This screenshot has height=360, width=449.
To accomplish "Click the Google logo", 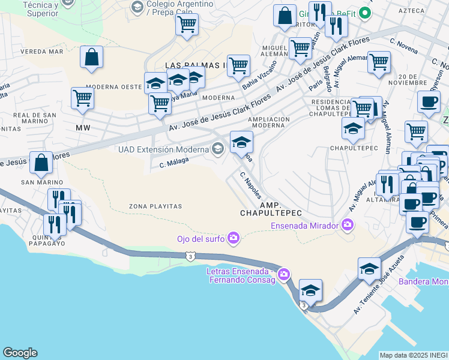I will [20, 353].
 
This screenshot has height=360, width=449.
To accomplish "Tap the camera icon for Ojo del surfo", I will [234, 239].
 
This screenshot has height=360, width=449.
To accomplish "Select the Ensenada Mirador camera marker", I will [348, 226].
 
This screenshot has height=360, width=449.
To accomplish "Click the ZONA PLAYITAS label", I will [155, 206].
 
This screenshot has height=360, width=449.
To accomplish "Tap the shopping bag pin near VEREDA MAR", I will [91, 58].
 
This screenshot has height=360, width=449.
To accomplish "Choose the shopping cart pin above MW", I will [82, 98].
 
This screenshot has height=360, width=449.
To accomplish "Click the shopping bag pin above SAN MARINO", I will [41, 163].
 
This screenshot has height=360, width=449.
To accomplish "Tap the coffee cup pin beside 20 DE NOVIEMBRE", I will [428, 101].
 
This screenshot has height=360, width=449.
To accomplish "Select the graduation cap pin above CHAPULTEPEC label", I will [353, 128].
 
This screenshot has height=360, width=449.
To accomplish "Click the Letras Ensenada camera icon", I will [284, 275].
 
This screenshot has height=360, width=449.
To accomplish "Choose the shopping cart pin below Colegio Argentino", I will [187, 25].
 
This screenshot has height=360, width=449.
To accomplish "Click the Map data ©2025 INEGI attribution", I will [414, 355].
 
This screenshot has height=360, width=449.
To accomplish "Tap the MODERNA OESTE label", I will [113, 87].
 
